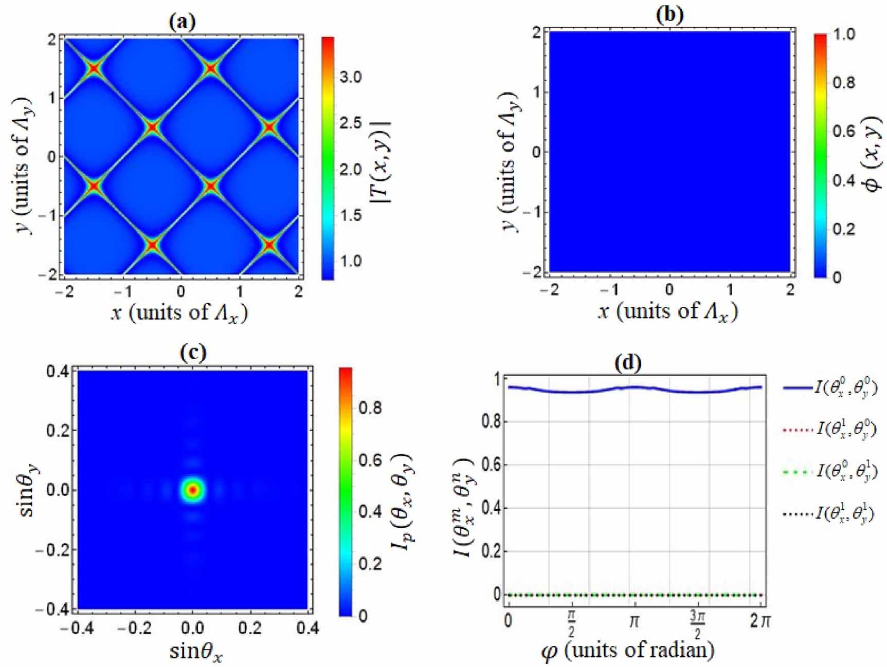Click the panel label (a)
click(182, 22)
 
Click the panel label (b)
click(669, 15)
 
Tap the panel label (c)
click(193, 353)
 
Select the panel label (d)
click(628, 363)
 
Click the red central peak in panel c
click(192, 490)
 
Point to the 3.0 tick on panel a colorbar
click(351, 77)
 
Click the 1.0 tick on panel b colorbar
click(843, 34)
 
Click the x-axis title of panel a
click(179, 313)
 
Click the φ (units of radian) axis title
click(628, 651)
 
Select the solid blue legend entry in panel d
click(828, 387)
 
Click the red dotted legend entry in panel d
click(828, 429)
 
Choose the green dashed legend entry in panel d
click(828, 471)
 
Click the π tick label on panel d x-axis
click(635, 621)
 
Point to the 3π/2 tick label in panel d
click(697, 624)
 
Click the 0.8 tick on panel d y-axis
click(490, 422)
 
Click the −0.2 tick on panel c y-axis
click(53, 550)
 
